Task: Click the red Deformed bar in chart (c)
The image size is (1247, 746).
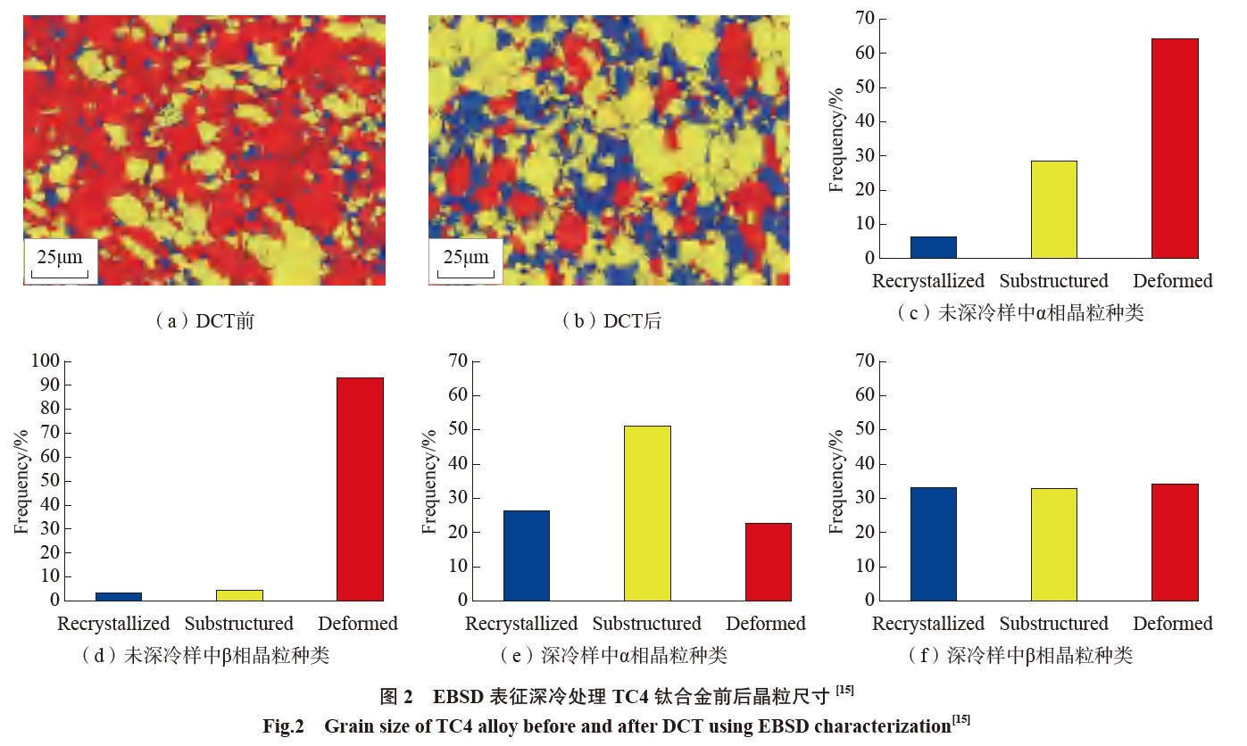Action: [1175, 148]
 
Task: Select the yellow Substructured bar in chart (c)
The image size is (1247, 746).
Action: [1053, 210]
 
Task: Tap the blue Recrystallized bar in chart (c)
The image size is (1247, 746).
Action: [933, 247]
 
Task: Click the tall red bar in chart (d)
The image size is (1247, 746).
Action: [360, 489]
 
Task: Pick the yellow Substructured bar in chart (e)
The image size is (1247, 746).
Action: [647, 513]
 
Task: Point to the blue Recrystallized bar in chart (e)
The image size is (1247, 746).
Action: [527, 555]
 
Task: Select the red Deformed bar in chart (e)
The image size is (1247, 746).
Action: [768, 561]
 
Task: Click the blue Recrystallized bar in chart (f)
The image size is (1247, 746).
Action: [933, 543]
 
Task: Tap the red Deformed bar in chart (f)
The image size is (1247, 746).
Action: [1175, 542]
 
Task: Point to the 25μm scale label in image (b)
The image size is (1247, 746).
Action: [466, 258]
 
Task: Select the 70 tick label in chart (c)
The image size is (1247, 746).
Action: [864, 19]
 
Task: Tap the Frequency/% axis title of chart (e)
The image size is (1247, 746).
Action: [429, 481]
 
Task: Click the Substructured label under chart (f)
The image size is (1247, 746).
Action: [1053, 624]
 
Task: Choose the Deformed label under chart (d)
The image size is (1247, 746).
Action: [358, 624]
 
